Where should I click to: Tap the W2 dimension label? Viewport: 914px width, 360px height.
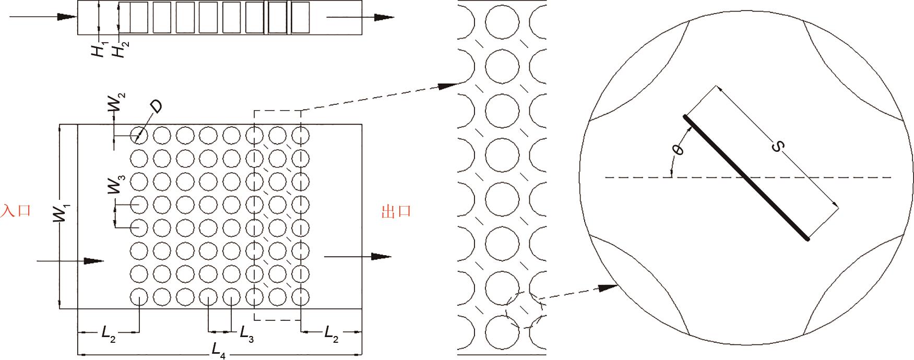(116, 103)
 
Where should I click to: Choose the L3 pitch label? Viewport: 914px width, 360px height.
(246, 332)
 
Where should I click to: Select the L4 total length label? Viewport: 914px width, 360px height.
(219, 352)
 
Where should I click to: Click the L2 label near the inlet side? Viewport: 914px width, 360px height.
(109, 332)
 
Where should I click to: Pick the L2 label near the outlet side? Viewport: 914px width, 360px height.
(331, 332)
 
